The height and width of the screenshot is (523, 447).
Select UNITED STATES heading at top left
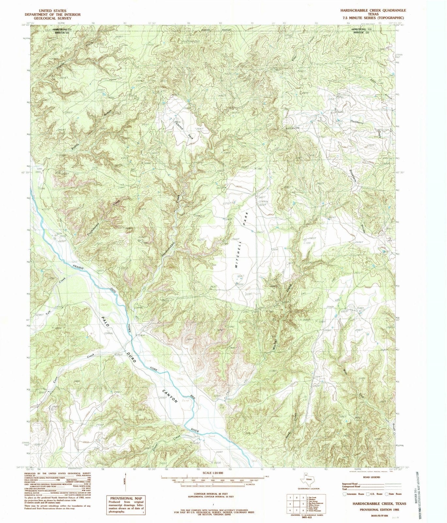coord(53,11)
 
